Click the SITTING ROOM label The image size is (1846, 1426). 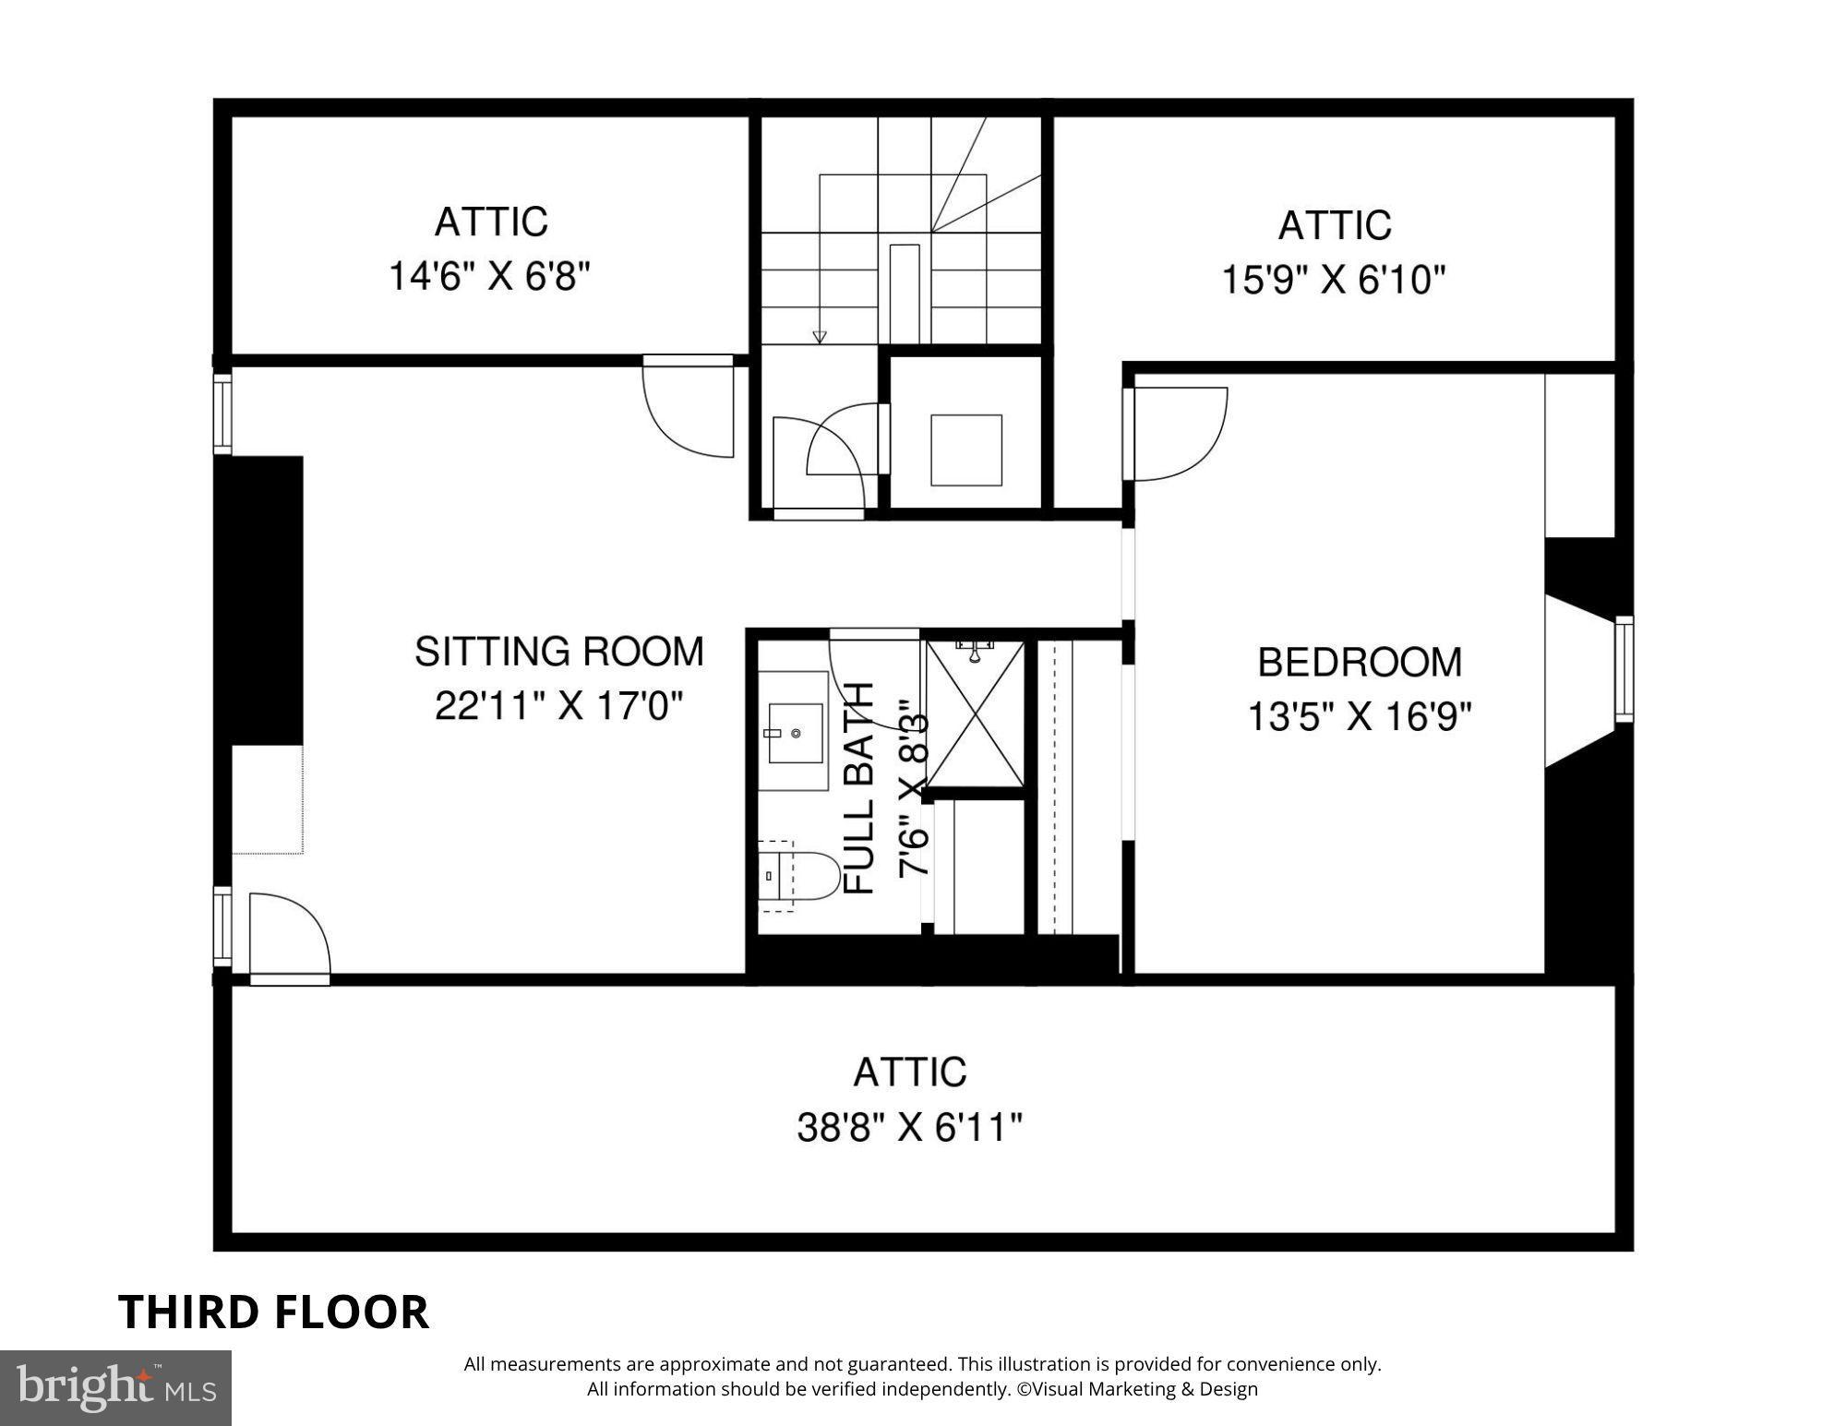(558, 652)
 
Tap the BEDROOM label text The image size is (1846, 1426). (1360, 663)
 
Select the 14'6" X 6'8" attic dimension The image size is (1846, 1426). (489, 276)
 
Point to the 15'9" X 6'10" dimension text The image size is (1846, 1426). (1334, 279)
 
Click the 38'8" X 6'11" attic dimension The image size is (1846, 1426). (910, 1127)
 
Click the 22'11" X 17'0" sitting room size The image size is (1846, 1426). (558, 707)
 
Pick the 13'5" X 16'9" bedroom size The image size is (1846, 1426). (1360, 716)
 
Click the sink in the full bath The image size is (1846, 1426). (795, 733)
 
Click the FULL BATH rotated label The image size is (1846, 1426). (859, 789)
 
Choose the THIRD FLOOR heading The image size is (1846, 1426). (274, 1312)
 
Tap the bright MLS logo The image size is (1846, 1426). (115, 1387)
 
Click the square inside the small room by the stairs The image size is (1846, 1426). (966, 450)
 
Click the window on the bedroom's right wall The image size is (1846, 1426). (1624, 669)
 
